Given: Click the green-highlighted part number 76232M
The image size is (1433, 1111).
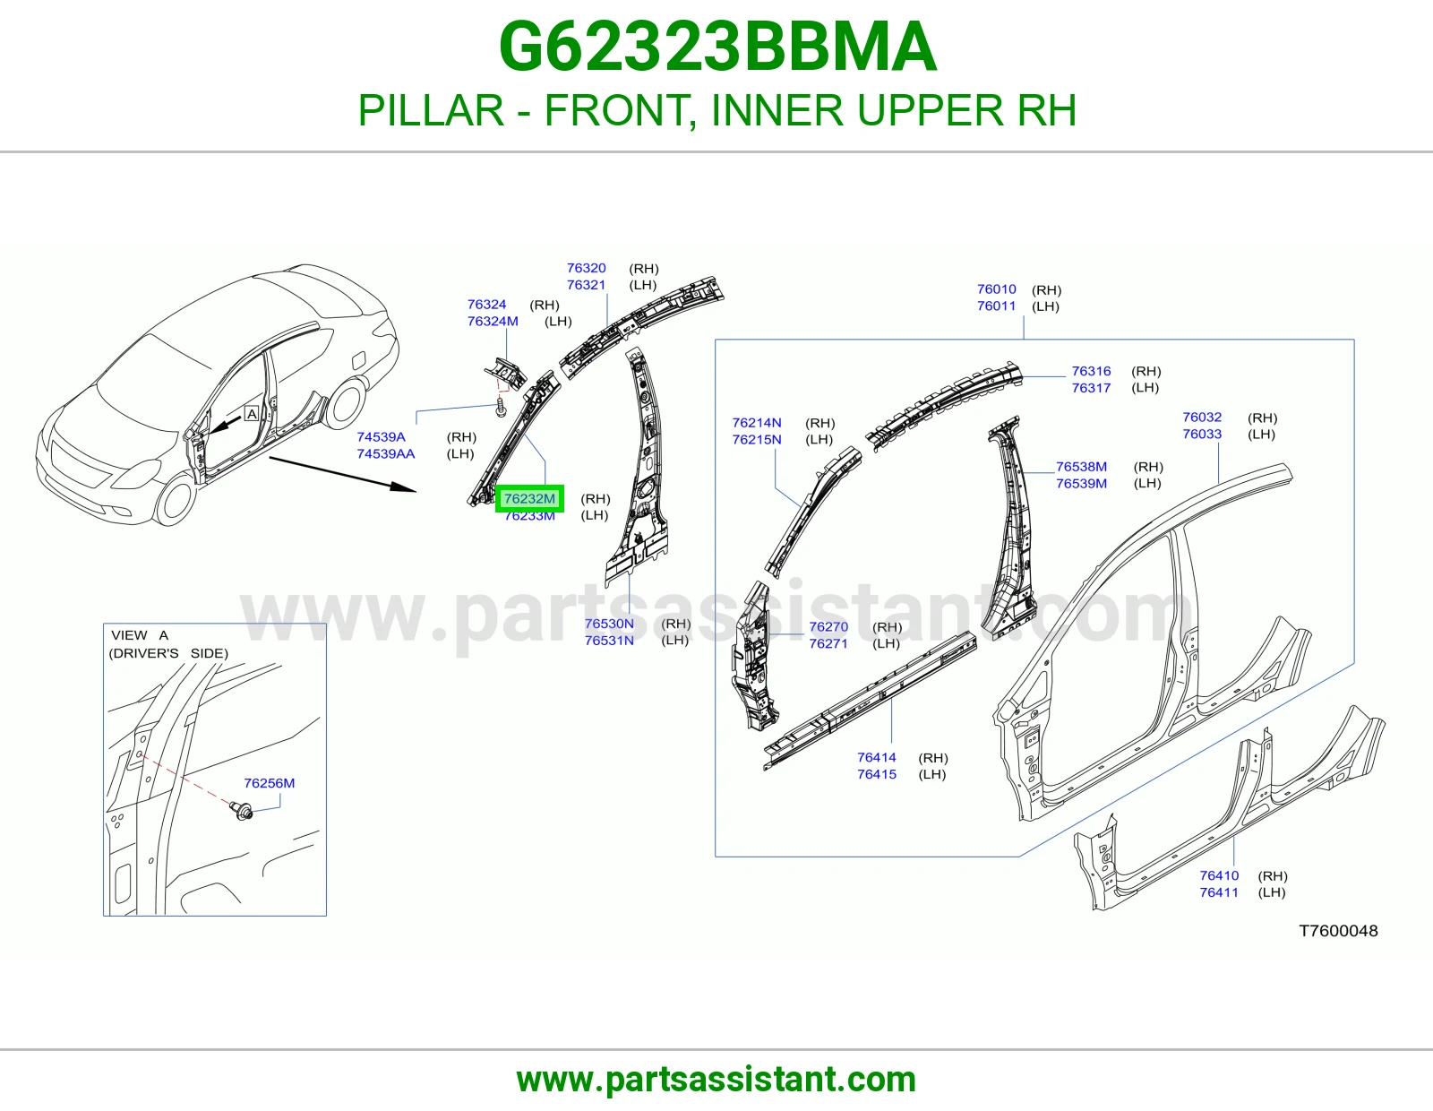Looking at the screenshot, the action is click(529, 499).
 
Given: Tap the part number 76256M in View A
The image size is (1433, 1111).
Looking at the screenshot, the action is click(269, 783).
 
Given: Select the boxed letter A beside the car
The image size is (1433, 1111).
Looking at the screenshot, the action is click(252, 414).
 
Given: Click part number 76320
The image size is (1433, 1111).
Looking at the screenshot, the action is click(586, 268).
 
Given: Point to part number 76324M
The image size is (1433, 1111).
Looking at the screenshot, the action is click(493, 322).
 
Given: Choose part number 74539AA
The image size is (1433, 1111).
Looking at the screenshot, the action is click(386, 454).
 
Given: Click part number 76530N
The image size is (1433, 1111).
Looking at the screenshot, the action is click(609, 624).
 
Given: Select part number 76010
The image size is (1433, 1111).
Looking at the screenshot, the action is click(997, 289).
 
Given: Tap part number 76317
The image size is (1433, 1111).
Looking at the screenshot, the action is click(1091, 388).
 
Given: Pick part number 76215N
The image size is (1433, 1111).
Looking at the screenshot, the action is click(757, 439).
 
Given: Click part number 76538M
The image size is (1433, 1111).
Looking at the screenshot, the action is click(1081, 467).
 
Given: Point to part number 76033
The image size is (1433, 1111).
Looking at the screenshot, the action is click(1202, 435).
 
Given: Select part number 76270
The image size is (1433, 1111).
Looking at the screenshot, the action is click(828, 627).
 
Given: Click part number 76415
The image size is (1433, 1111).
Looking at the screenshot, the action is click(877, 774).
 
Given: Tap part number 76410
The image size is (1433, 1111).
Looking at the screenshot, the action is click(1219, 875).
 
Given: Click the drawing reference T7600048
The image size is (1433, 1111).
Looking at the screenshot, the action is click(1338, 931).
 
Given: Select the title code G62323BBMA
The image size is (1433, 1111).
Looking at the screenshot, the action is click(717, 47).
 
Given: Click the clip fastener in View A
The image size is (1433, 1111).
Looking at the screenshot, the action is click(242, 810).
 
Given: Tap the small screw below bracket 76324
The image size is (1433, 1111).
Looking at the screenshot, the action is click(501, 407).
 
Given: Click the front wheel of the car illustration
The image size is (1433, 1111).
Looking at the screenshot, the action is click(175, 499).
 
